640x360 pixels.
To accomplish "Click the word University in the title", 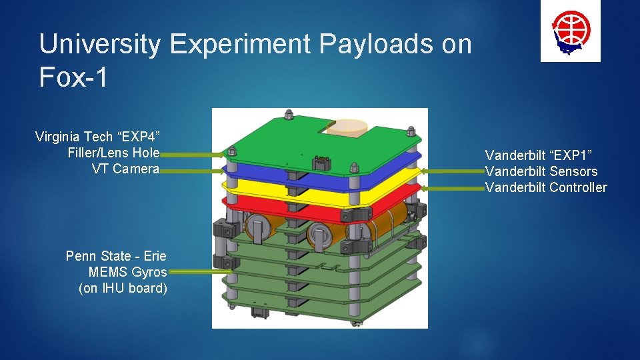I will click(x=99, y=45).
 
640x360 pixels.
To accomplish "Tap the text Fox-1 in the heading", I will click(x=73, y=78).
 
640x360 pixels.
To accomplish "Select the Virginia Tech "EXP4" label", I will click(x=97, y=137).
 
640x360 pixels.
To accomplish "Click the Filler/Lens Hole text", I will click(x=113, y=153).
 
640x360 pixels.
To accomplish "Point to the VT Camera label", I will click(x=125, y=169).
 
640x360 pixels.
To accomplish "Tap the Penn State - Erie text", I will click(x=116, y=256).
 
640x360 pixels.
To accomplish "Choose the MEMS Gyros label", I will click(x=127, y=272).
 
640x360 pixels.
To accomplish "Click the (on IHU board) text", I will click(x=123, y=288).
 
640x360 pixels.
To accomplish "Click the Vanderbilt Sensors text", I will click(x=541, y=171).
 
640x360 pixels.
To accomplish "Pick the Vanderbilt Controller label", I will click(x=546, y=187).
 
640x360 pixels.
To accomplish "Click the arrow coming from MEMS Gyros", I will click(x=200, y=272).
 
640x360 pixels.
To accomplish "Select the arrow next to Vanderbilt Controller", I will click(x=452, y=187).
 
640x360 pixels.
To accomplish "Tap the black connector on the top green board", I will click(x=321, y=161).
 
